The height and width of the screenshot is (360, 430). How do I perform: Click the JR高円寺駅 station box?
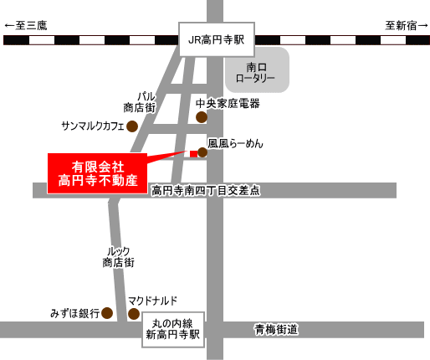pyautogui.click(x=217, y=39)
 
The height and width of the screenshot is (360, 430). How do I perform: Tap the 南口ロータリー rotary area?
pyautogui.click(x=257, y=69)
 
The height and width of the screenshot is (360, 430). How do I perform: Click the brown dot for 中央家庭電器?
pyautogui.click(x=202, y=117)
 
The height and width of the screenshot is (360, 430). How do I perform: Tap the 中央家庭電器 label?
pyautogui.click(x=228, y=104)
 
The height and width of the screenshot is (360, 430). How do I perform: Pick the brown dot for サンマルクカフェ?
pyautogui.click(x=132, y=126)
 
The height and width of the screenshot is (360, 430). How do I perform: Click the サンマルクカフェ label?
pyautogui.click(x=93, y=126)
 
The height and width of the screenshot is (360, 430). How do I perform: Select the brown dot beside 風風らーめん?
pyautogui.click(x=202, y=152)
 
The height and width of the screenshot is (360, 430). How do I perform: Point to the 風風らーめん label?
pyautogui.click(x=235, y=143)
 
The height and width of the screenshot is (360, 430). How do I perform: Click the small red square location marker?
pyautogui.click(x=193, y=154)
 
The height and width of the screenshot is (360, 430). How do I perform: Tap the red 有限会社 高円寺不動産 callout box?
pyautogui.click(x=98, y=173)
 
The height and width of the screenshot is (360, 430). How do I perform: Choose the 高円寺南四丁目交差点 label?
pyautogui.click(x=206, y=191)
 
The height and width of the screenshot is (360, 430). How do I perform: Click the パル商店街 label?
pyautogui.click(x=140, y=102)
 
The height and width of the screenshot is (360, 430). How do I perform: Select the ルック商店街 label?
pyautogui.click(x=119, y=257)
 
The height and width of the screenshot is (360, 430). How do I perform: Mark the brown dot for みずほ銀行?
pyautogui.click(x=107, y=313)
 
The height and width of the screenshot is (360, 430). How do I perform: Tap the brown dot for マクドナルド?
pyautogui.click(x=134, y=314)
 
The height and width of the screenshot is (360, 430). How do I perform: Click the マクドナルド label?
pyautogui.click(x=152, y=301)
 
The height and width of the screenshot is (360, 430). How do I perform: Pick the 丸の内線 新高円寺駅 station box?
pyautogui.click(x=173, y=330)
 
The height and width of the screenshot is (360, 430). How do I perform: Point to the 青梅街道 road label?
pyautogui.click(x=276, y=330)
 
